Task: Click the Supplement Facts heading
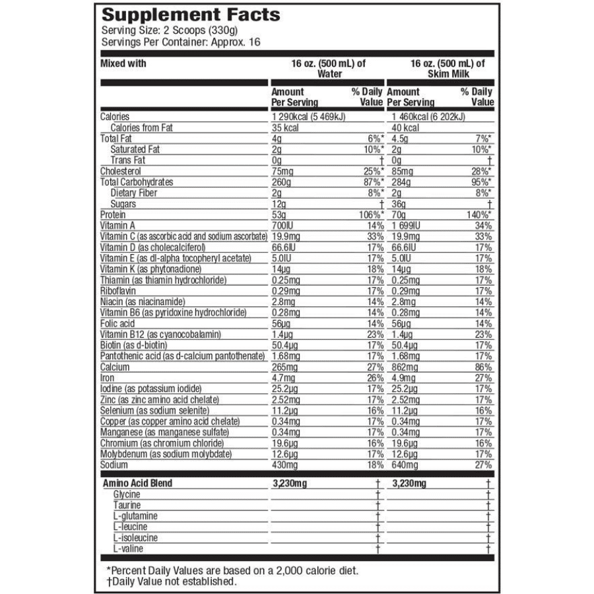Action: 190,15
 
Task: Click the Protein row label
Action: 112,214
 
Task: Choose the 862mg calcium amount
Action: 403,367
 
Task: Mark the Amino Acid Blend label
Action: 137,483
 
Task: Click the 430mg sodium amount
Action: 285,465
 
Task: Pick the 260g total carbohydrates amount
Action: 281,182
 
